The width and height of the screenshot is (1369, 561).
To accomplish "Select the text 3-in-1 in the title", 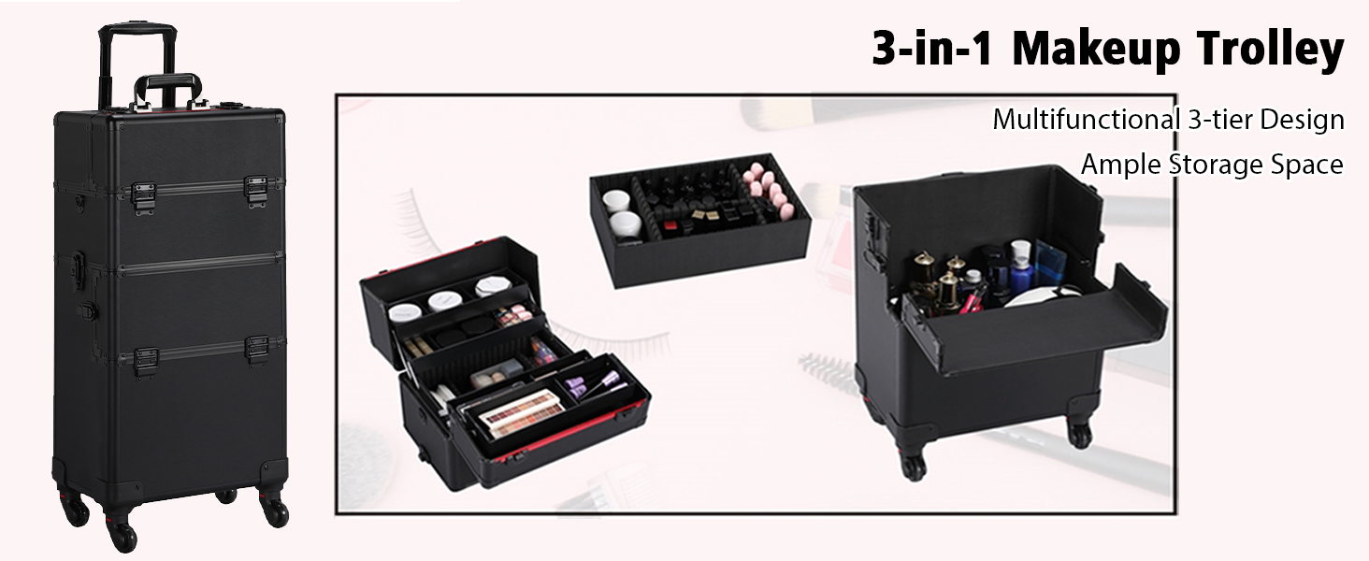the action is click(x=932, y=48).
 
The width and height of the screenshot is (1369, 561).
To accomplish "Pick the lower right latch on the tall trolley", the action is click(x=256, y=351).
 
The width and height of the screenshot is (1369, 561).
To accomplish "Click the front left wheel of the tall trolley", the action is click(x=124, y=537).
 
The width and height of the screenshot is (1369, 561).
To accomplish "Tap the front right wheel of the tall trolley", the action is click(x=275, y=512).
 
